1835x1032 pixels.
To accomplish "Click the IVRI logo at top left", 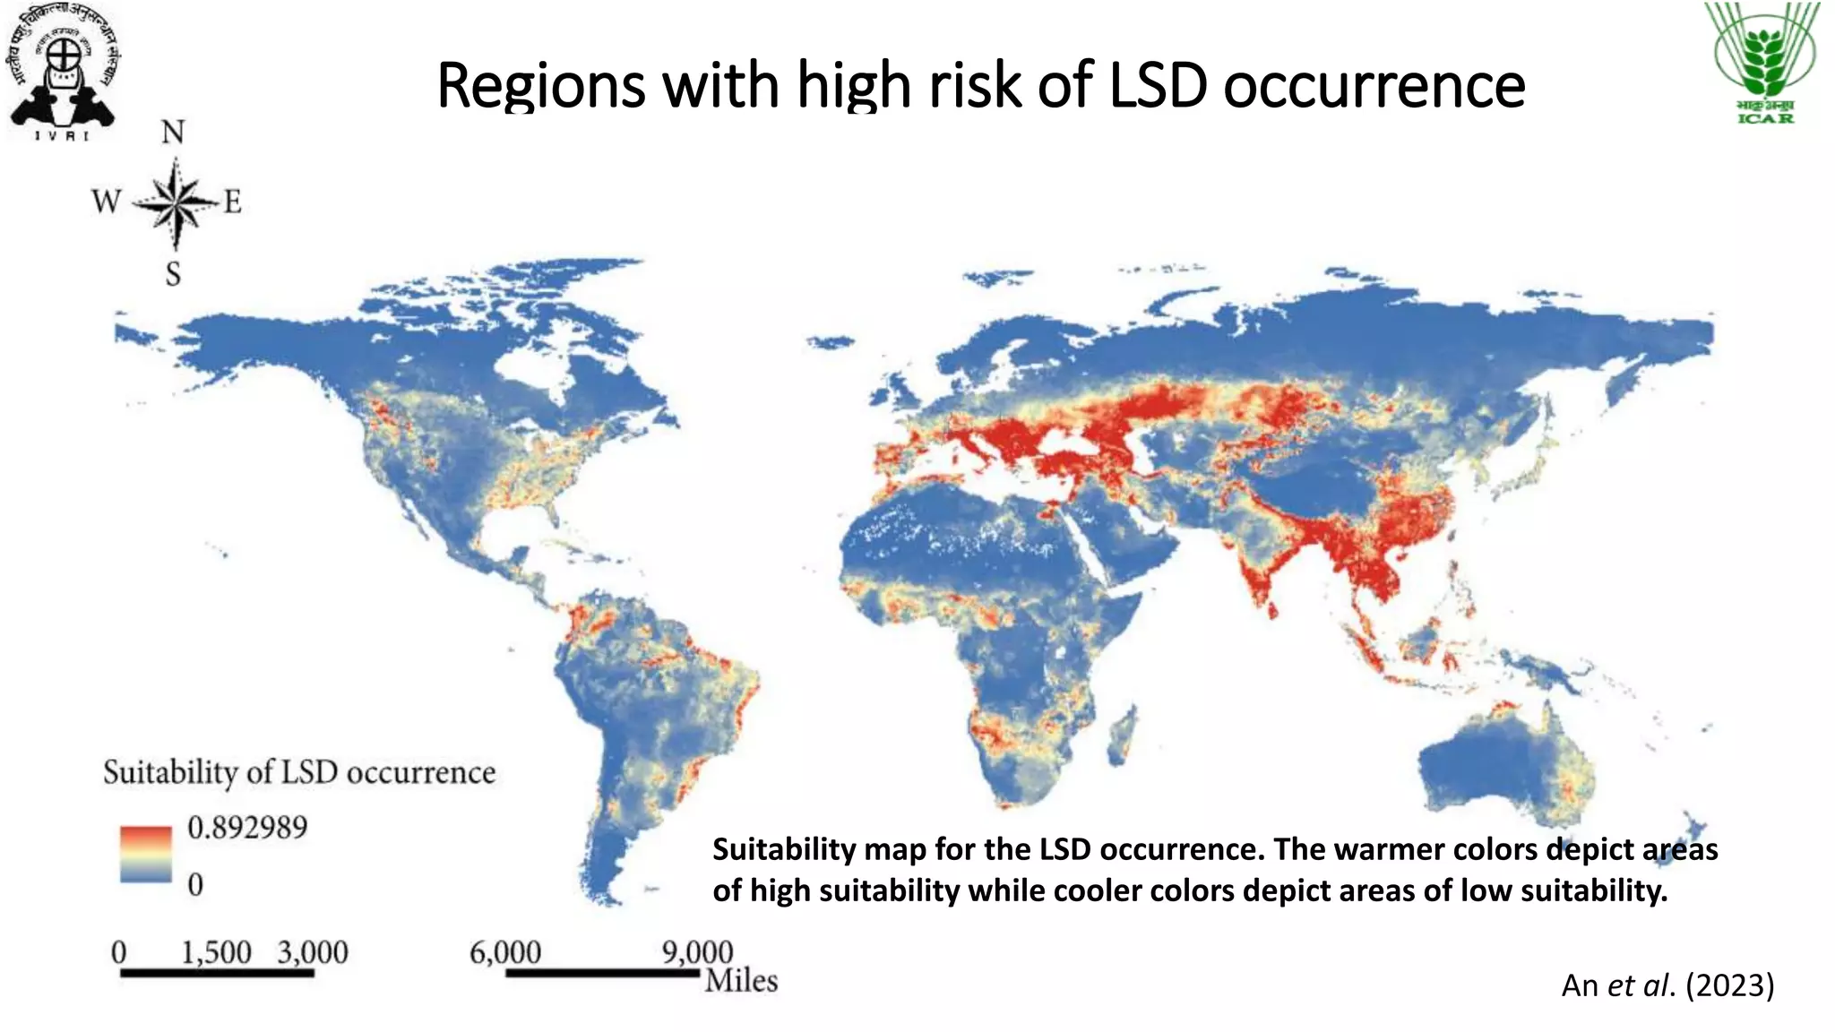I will [x=63, y=72].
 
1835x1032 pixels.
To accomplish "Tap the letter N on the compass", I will [x=173, y=133].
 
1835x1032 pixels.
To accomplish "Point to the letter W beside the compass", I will [x=106, y=201].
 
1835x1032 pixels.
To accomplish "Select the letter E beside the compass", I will [x=232, y=202].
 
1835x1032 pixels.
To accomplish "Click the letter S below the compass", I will [x=173, y=273].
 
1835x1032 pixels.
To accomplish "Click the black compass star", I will [x=176, y=203].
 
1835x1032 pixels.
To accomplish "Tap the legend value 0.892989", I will [x=247, y=827].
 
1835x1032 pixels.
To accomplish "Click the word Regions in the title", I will [x=541, y=85].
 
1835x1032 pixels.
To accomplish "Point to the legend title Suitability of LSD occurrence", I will [x=299, y=772].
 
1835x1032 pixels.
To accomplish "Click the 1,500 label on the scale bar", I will [x=216, y=952].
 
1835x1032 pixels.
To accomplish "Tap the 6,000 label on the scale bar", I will [x=505, y=952].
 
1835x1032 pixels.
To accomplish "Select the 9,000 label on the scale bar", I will [x=697, y=952].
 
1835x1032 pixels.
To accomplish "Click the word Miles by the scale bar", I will [x=741, y=980].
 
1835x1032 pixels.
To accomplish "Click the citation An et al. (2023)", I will [x=1667, y=985].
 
